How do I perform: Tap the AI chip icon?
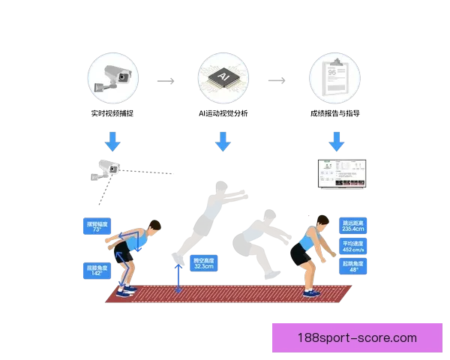pyautogui.click(x=223, y=78)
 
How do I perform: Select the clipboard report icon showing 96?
pyautogui.click(x=334, y=78)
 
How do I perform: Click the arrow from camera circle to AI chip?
pyautogui.click(x=166, y=79)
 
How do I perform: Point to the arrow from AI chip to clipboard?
pyautogui.click(x=277, y=79)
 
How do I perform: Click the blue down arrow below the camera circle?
pyautogui.click(x=112, y=141)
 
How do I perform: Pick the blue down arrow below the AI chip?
pyautogui.click(x=222, y=141)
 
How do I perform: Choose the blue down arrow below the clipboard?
pyautogui.click(x=336, y=141)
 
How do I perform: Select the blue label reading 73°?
pyautogui.click(x=97, y=227)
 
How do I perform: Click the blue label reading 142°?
pyautogui.click(x=96, y=269)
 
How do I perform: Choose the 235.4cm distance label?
pyautogui.click(x=352, y=227)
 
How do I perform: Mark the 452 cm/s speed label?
pyautogui.click(x=352, y=247)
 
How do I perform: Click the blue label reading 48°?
pyautogui.click(x=352, y=268)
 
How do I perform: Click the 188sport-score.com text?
pyautogui.click(x=356, y=337)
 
